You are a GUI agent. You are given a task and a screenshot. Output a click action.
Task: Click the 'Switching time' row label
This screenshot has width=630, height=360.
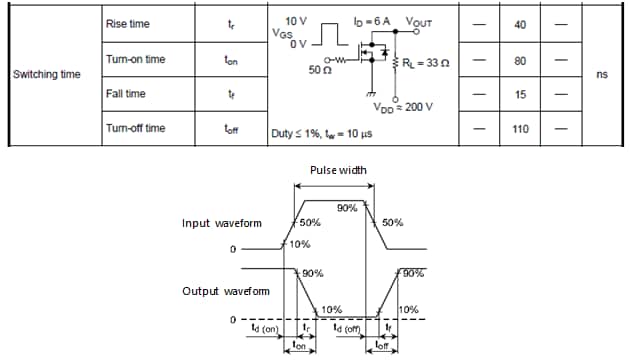pyautogui.click(x=46, y=74)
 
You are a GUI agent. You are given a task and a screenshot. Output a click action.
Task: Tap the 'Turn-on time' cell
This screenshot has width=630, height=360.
pyautogui.click(x=135, y=60)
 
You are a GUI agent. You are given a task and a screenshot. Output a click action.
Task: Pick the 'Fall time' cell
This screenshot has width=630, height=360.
pyautogui.click(x=125, y=93)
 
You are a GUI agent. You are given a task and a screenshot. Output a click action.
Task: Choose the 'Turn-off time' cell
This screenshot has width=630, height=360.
pyautogui.click(x=135, y=129)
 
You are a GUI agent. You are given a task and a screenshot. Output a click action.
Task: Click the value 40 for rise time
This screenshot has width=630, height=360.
pyautogui.click(x=520, y=24)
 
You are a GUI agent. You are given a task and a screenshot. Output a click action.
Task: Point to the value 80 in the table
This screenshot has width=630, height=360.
pyautogui.click(x=520, y=60)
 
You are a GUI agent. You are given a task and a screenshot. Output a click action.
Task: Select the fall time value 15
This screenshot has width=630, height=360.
pyautogui.click(x=520, y=94)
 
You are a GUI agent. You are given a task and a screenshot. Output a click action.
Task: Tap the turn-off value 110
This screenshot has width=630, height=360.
pyautogui.click(x=520, y=129)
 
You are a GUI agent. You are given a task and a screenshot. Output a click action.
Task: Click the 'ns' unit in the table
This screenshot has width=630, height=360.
pyautogui.click(x=601, y=74)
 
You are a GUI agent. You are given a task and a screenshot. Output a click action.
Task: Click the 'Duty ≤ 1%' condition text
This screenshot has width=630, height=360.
pyautogui.click(x=299, y=131)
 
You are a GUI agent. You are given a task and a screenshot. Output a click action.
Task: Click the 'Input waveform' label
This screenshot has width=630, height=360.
pyautogui.click(x=223, y=223)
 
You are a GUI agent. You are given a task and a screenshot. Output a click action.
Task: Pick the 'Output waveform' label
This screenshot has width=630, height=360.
pyautogui.click(x=225, y=291)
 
